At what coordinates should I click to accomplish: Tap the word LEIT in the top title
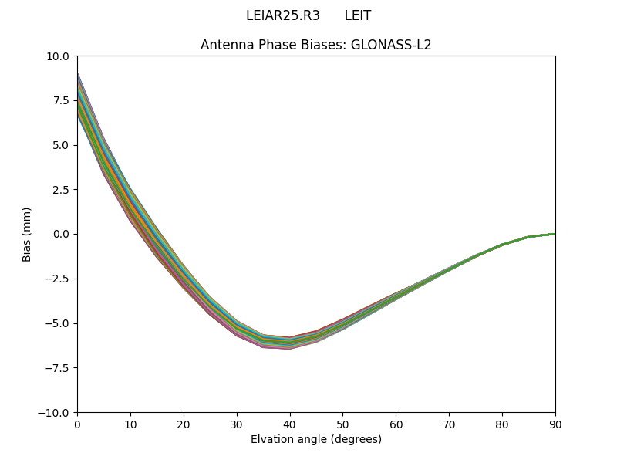pyautogui.click(x=358, y=15)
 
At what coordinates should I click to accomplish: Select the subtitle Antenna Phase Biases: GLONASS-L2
pyautogui.click(x=316, y=45)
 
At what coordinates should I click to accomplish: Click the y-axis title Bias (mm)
pyautogui.click(x=27, y=234)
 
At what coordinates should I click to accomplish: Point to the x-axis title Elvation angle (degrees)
pyautogui.click(x=316, y=439)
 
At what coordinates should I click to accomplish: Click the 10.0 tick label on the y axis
pyautogui.click(x=59, y=56)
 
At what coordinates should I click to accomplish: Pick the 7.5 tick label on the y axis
pyautogui.click(x=62, y=100)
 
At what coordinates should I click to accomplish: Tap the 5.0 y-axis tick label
pyautogui.click(x=62, y=145)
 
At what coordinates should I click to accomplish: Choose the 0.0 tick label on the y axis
pyautogui.click(x=62, y=234)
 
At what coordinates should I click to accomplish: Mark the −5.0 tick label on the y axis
pyautogui.click(x=59, y=323)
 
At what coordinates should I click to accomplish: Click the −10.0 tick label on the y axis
pyautogui.click(x=56, y=412)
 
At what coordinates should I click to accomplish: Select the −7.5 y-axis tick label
pyautogui.click(x=59, y=368)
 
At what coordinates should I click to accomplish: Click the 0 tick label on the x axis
pyautogui.click(x=77, y=424)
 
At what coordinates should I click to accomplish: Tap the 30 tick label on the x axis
pyautogui.click(x=237, y=424)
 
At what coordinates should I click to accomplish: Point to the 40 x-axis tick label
pyautogui.click(x=290, y=424)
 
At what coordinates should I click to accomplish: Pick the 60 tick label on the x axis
pyautogui.click(x=396, y=424)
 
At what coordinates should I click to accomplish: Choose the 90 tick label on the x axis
pyautogui.click(x=555, y=424)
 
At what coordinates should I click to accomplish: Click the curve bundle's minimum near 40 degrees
pyautogui.click(x=290, y=343)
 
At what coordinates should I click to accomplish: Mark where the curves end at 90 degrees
pyautogui.click(x=555, y=233)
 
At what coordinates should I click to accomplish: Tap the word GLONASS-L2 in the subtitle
pyautogui.click(x=391, y=45)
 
